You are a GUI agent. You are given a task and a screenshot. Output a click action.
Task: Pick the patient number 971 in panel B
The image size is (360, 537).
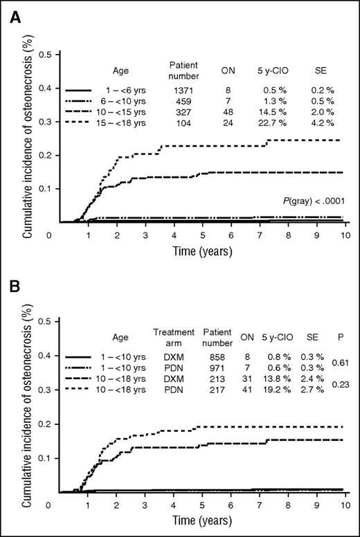[215, 369]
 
